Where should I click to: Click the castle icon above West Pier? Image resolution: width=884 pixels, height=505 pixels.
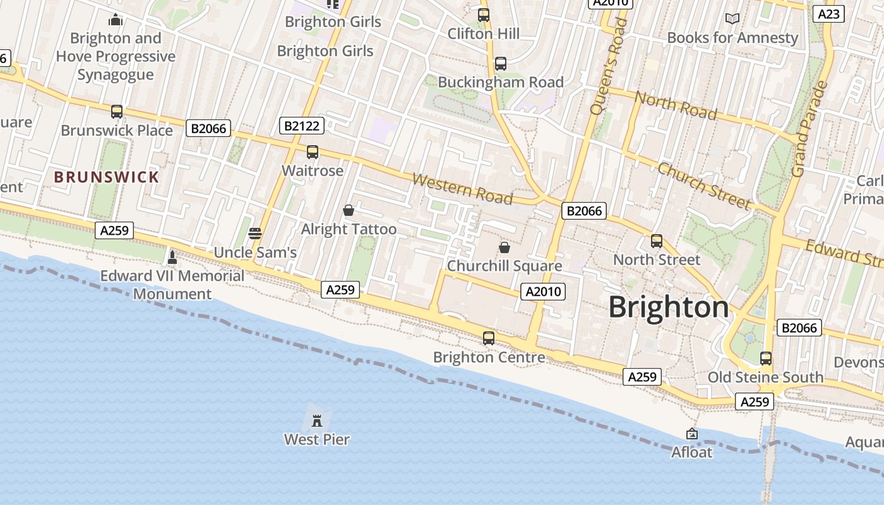click(317, 420)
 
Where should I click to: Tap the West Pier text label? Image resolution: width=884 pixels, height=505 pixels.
click(317, 439)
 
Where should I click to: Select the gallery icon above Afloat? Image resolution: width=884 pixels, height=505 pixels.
click(692, 434)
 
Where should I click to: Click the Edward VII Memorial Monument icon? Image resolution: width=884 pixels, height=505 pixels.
click(172, 258)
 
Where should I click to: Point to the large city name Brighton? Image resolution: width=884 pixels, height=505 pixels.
click(669, 307)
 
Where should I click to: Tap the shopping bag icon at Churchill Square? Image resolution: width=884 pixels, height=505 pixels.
click(504, 247)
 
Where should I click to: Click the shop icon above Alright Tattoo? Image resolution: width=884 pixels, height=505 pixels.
click(348, 210)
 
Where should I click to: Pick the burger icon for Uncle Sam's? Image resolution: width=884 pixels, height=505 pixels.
click(255, 234)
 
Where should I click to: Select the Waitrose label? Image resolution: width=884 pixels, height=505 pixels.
click(313, 170)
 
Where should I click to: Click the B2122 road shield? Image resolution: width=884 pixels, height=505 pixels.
click(302, 126)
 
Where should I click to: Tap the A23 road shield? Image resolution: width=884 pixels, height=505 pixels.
click(828, 14)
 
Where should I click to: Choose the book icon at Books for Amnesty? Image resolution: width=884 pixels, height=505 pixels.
click(732, 19)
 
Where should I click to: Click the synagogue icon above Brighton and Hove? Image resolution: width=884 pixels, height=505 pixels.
click(115, 20)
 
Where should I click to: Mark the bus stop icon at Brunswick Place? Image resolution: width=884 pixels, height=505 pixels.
click(117, 112)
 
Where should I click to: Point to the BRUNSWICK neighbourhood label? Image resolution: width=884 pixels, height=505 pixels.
click(107, 177)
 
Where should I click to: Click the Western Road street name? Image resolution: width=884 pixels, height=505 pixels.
click(462, 189)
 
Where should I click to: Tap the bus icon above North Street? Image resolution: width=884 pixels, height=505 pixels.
click(657, 241)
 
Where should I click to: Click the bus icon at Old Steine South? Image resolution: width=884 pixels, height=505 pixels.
click(766, 359)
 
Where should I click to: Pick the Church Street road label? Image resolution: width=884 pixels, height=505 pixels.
click(704, 186)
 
